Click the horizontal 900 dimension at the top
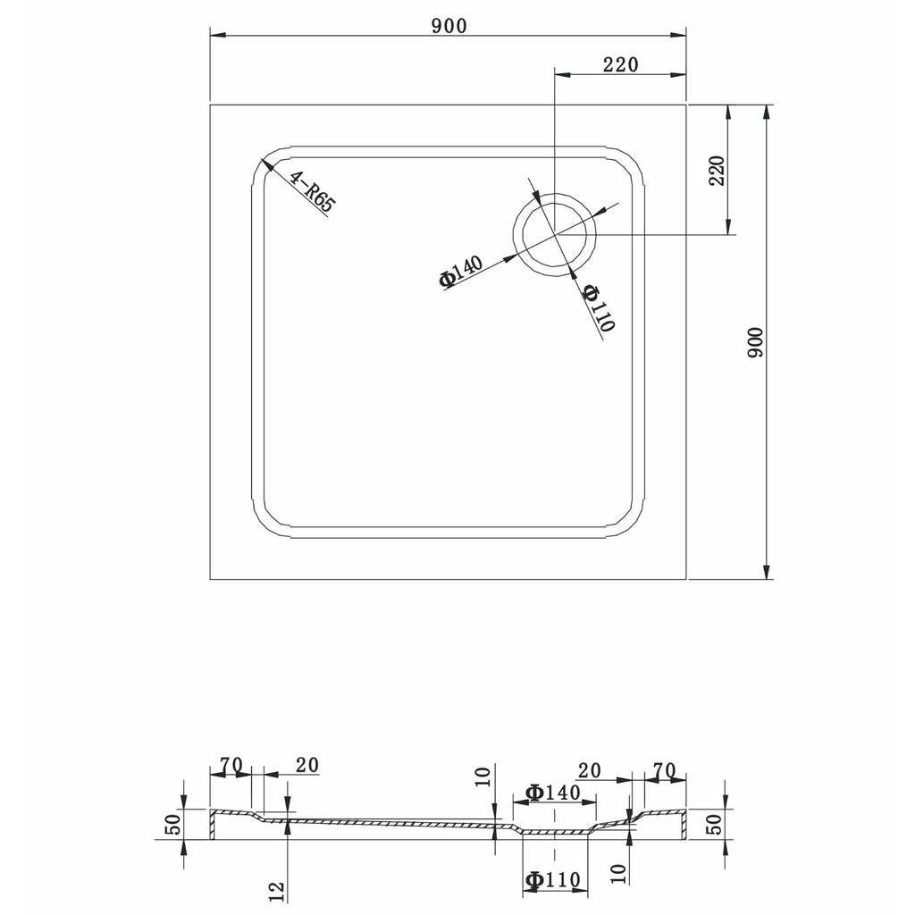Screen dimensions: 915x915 click(449, 26)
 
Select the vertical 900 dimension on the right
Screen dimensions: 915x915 click(755, 342)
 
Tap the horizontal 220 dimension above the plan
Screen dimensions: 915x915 click(620, 64)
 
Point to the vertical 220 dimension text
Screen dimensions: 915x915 click(717, 171)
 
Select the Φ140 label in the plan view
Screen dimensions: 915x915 click(461, 272)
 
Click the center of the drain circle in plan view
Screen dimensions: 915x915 click(554, 234)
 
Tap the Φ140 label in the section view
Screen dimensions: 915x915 click(552, 792)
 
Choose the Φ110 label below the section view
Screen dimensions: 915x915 click(552, 879)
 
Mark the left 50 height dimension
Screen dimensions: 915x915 click(173, 824)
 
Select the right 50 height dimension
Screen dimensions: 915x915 click(714, 824)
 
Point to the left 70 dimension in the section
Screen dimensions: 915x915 click(231, 764)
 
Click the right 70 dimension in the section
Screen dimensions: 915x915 click(664, 770)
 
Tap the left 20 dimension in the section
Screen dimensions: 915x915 click(307, 765)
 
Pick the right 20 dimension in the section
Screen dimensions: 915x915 click(589, 771)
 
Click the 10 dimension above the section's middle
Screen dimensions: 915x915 click(483, 777)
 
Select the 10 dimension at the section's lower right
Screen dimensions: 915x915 click(620, 873)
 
